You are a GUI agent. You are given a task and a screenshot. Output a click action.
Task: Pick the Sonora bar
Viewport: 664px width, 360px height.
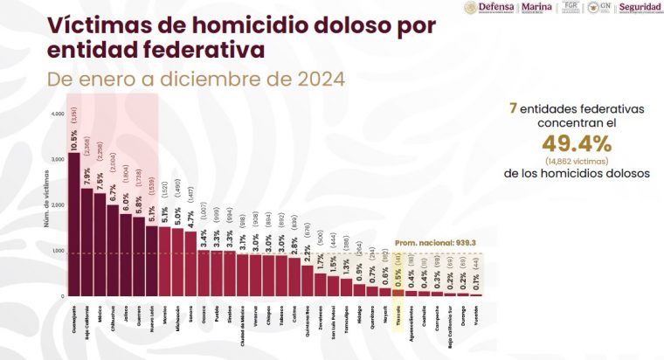(x=190, y=263)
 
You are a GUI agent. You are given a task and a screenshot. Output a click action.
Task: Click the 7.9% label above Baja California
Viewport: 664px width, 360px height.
(x=87, y=175)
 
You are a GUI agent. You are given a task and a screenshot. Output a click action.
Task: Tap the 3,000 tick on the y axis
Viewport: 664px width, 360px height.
(x=58, y=160)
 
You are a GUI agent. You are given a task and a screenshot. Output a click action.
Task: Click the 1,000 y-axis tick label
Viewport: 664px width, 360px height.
(x=58, y=251)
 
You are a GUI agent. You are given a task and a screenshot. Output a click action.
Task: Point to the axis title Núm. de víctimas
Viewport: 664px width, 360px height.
(x=45, y=207)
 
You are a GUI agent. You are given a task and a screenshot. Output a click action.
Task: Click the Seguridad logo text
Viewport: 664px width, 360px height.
(x=641, y=8)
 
